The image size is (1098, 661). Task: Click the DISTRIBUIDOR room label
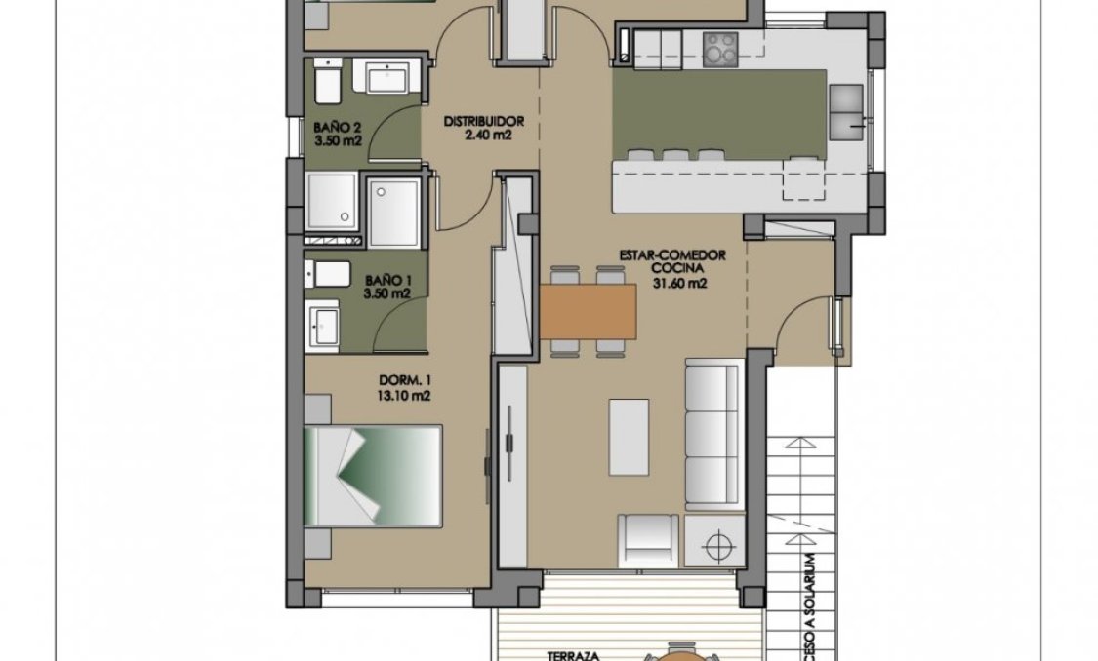(x=484, y=122)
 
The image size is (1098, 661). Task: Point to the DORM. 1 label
(x=404, y=382)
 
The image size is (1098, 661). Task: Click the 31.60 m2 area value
(x=678, y=285)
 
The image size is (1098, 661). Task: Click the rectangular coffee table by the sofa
(x=629, y=434)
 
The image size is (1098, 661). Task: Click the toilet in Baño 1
(x=328, y=274)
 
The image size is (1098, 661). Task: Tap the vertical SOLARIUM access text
(x=808, y=604)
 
